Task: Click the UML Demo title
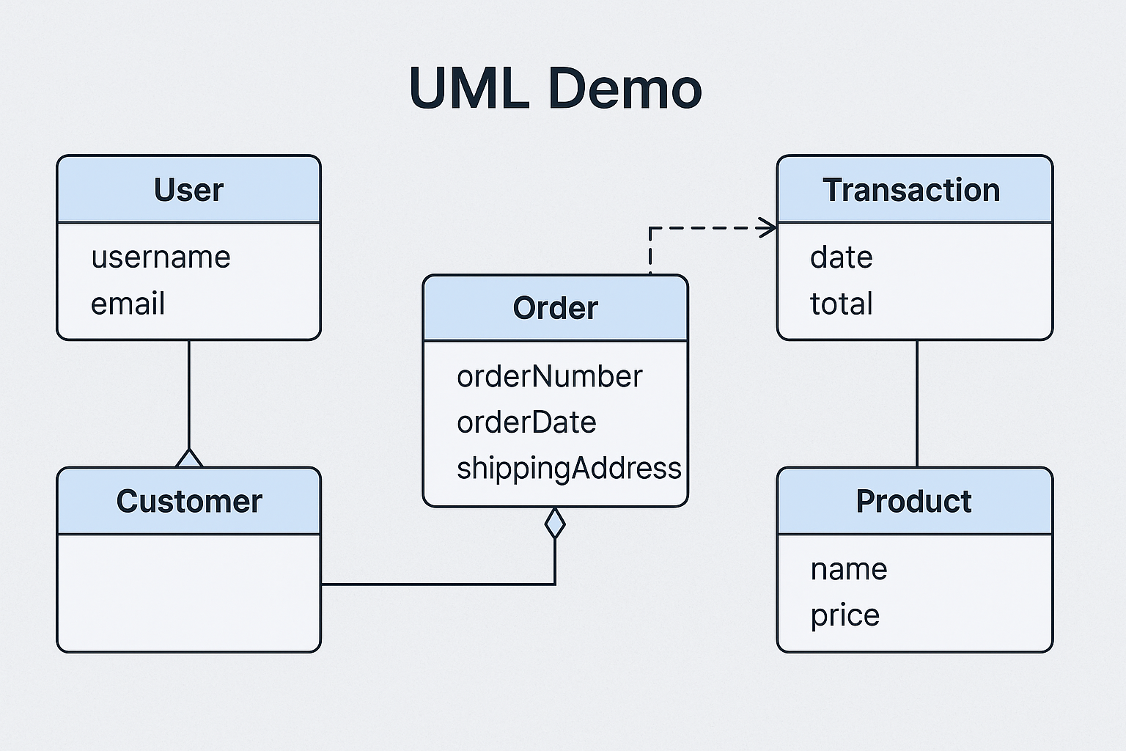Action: tap(556, 89)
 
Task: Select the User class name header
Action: tap(188, 190)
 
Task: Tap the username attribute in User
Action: tap(161, 257)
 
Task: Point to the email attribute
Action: tap(128, 304)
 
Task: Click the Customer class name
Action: tap(189, 502)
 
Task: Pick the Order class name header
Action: tap(555, 308)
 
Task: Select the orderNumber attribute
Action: tap(549, 376)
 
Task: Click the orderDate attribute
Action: tap(526, 422)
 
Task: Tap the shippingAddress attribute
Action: tap(569, 468)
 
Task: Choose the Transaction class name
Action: tap(911, 190)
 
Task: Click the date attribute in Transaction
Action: tap(841, 257)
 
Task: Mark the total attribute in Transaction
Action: tap(841, 304)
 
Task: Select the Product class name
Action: tap(913, 502)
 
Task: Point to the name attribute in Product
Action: tap(848, 569)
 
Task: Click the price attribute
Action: tap(844, 615)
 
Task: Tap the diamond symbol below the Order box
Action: tap(555, 523)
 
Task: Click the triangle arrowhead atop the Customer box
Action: tap(189, 459)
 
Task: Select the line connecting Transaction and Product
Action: tap(916, 403)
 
